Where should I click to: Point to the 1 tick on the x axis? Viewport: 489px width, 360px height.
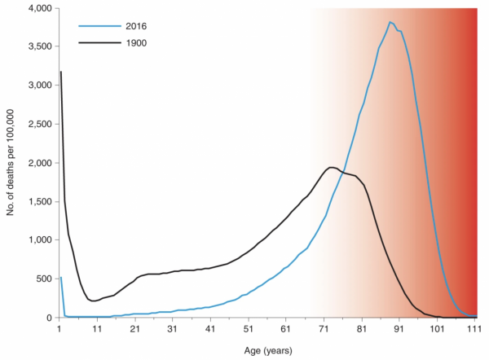[59, 329]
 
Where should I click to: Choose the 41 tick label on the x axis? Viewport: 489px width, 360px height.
[209, 329]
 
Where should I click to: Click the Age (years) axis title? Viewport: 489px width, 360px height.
[267, 350]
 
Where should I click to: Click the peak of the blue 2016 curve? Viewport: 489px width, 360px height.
[391, 22]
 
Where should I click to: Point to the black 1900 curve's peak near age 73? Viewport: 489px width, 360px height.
[330, 167]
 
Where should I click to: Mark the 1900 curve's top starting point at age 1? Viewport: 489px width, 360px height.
[60, 72]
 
